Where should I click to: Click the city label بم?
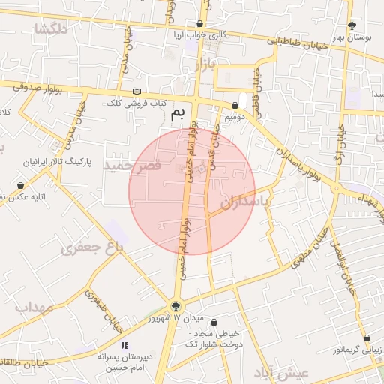click(x=178, y=114)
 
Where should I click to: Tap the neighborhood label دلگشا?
click(x=51, y=29)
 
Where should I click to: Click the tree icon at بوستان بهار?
click(x=352, y=25)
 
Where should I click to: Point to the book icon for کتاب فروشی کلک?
click(x=136, y=91)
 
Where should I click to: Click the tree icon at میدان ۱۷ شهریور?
click(x=175, y=305)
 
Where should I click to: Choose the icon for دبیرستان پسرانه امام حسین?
click(x=124, y=345)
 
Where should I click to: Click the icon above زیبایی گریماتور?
click(x=367, y=337)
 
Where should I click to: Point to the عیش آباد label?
click(x=282, y=372)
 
